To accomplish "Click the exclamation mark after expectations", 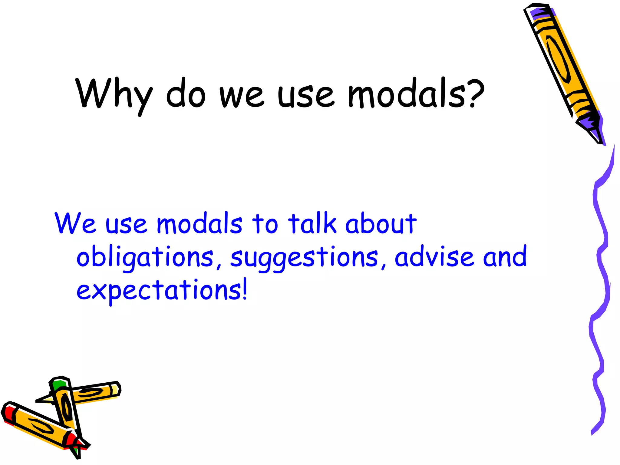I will coord(245,289).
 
